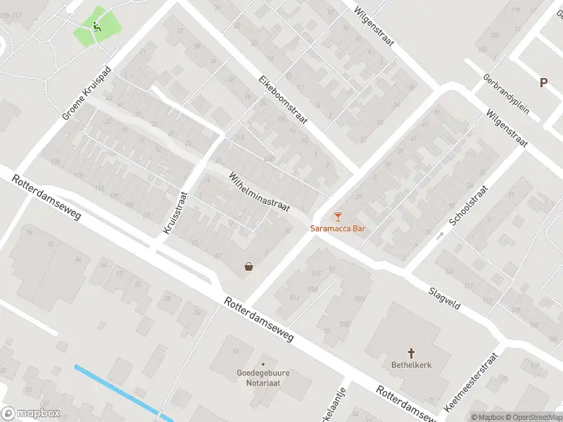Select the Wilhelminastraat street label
[x=258, y=193]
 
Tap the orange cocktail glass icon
[x=339, y=216]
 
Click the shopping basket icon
[x=248, y=267]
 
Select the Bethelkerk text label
[x=411, y=365]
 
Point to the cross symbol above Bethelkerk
[x=411, y=352]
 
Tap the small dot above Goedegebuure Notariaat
[x=263, y=364]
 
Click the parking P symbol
[x=543, y=83]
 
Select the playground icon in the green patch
[x=97, y=27]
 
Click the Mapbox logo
[x=31, y=414]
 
